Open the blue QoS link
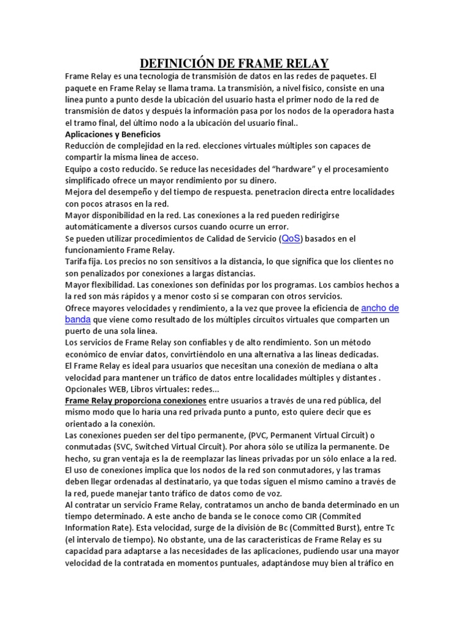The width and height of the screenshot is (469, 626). click(292, 238)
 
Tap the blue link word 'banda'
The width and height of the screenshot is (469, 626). click(78, 319)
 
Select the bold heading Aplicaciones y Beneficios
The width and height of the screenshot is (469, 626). click(113, 134)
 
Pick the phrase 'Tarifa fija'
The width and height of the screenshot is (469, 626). click(86, 262)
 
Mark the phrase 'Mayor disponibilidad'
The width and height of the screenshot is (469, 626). click(105, 216)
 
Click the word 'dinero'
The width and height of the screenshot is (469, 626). click(261, 180)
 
